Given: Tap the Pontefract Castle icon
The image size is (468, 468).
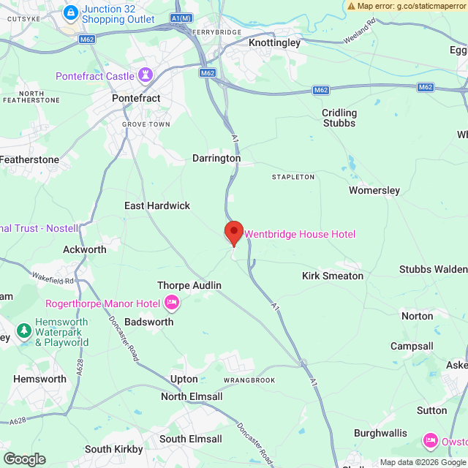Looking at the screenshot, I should click(146, 75).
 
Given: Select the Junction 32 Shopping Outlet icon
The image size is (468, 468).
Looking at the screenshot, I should click(71, 12).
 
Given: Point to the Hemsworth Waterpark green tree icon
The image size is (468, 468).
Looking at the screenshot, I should click(24, 331).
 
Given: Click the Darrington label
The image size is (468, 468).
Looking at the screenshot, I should click(216, 158).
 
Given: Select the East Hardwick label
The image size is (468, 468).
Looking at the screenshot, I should click(157, 206).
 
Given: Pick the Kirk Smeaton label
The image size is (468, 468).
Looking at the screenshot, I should click(333, 276).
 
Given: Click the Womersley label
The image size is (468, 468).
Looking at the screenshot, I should click(374, 190).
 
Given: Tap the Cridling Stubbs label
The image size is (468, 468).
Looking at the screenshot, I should click(339, 118).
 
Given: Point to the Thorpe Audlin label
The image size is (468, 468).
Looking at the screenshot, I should click(189, 285).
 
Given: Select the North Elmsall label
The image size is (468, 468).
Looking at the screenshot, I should click(192, 397).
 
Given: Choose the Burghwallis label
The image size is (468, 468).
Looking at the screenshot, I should click(380, 433).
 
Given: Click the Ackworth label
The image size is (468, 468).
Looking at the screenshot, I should click(85, 249).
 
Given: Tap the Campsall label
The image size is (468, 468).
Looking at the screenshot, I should click(412, 346).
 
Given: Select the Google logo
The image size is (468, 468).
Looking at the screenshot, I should click(24, 459).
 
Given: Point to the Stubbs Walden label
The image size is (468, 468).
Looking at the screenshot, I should click(432, 269).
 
